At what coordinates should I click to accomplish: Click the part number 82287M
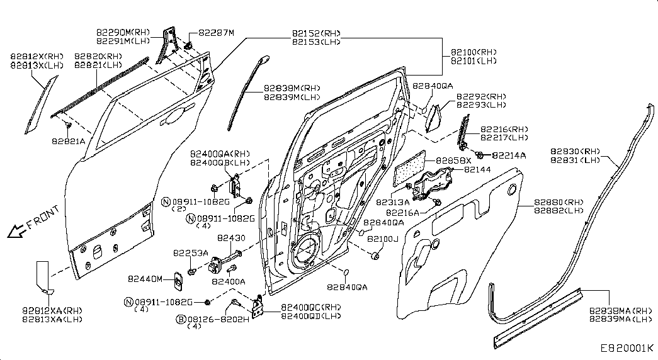click(216, 33)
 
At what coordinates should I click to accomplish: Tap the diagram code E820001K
click(627, 348)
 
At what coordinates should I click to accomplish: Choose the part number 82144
click(477, 169)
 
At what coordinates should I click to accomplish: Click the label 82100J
click(383, 239)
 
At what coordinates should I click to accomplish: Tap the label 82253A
click(190, 252)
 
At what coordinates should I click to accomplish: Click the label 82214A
click(509, 155)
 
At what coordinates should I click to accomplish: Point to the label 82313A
click(392, 203)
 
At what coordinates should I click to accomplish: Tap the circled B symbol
click(181, 320)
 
